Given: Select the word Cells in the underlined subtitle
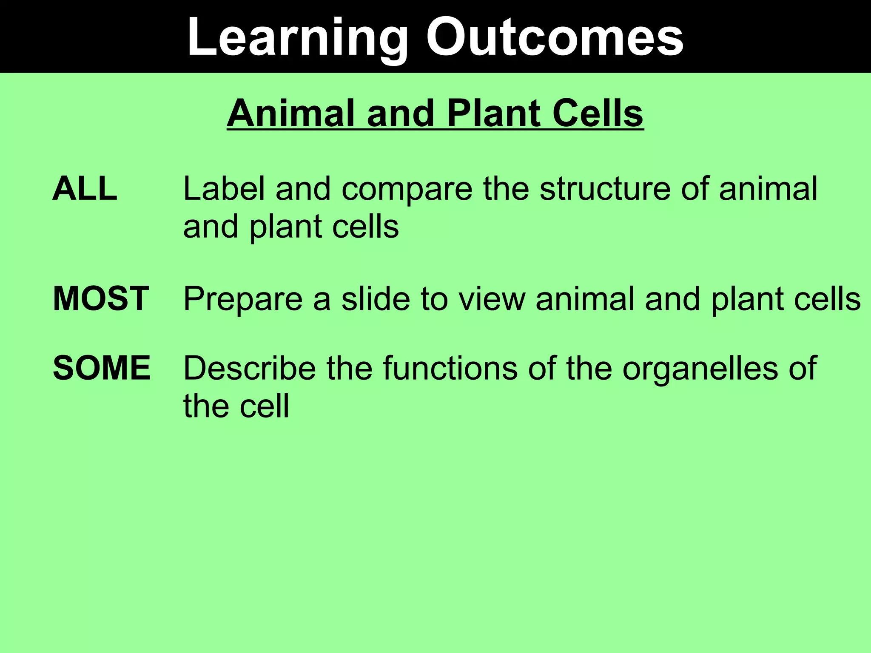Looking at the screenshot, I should pos(595,114).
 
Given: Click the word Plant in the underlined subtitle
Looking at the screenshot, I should pos(493,114).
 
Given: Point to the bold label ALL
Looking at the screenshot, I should pos(85,189).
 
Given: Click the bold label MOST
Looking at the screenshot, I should pos(101,299).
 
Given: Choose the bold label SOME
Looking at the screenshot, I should pos(102,368).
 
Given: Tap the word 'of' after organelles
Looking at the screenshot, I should pos(803,368).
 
